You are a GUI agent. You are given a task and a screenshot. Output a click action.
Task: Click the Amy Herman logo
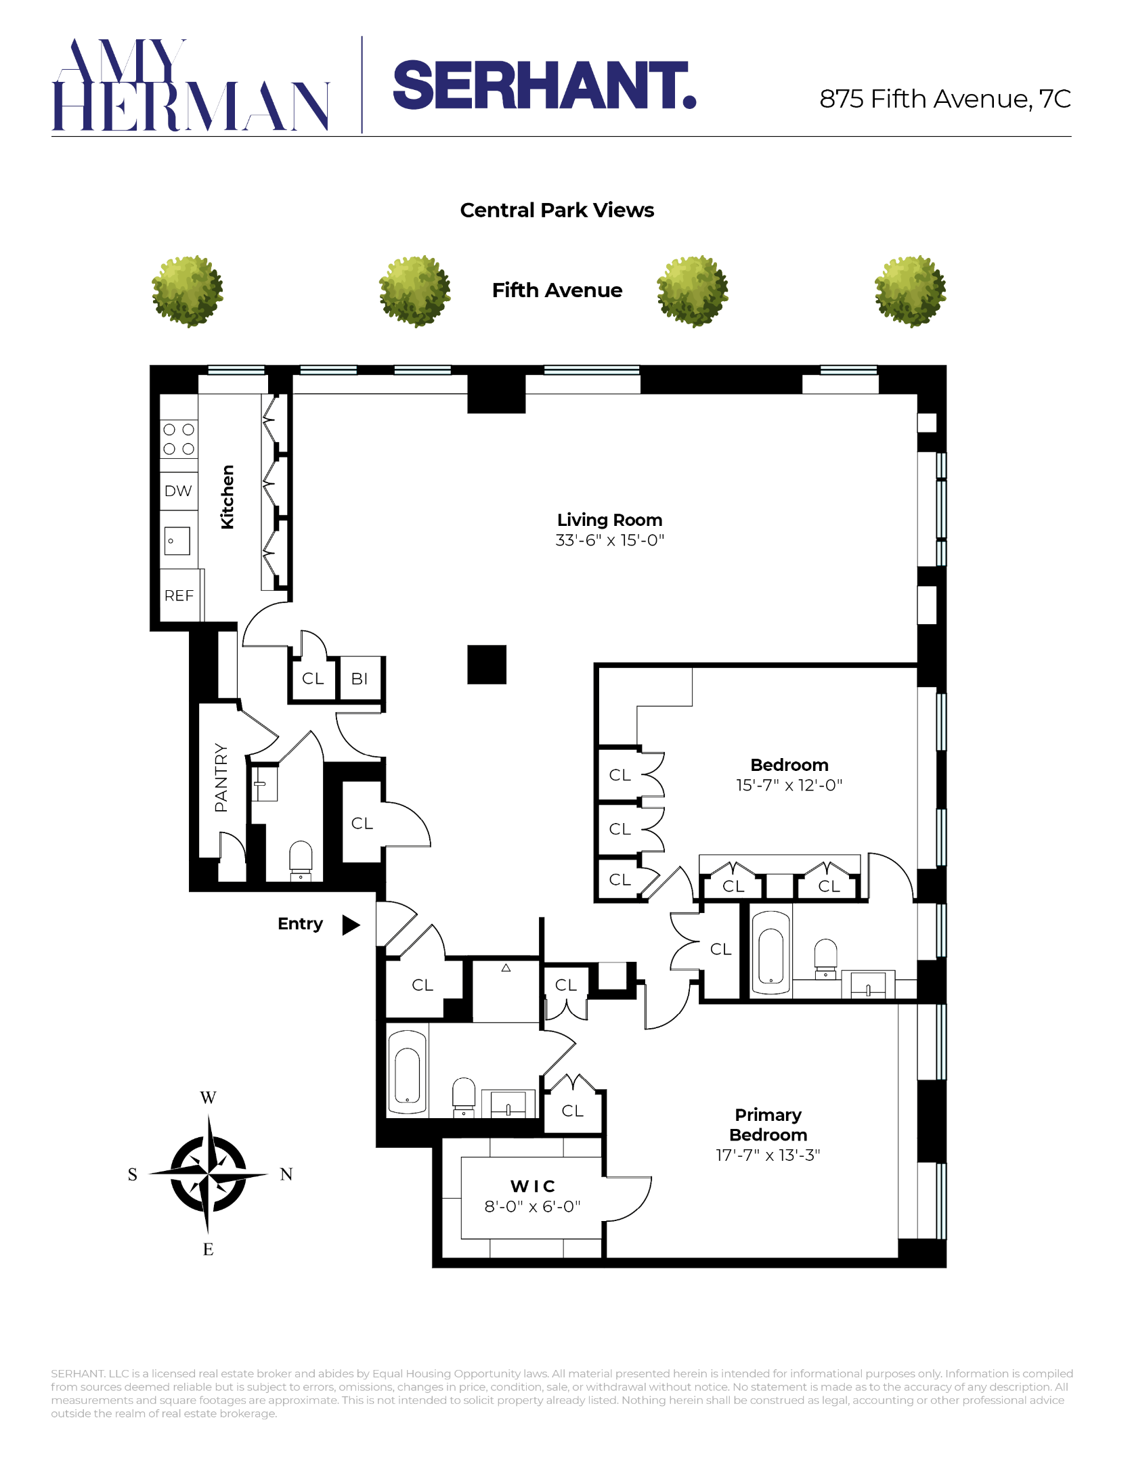tap(190, 85)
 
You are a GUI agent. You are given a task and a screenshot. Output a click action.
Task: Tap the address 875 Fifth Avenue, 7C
tap(944, 99)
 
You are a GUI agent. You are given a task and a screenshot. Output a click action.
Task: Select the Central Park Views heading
tap(557, 211)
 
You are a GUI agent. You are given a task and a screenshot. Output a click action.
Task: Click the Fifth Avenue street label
tap(557, 290)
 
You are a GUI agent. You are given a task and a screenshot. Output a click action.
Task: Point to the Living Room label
tap(609, 520)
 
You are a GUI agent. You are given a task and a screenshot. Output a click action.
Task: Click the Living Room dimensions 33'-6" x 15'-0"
tap(609, 540)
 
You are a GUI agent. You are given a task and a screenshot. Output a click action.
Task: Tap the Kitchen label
tap(227, 497)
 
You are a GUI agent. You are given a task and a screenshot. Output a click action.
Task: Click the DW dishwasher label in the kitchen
tap(178, 491)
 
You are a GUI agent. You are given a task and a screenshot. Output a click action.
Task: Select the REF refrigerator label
tap(179, 596)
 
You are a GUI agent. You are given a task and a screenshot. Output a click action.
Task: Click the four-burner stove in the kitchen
tap(179, 439)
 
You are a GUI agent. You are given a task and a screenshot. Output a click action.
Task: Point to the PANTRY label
tap(221, 777)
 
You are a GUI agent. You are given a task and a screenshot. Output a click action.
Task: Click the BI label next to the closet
tap(360, 678)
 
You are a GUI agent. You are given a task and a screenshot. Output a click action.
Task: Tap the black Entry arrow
tap(351, 925)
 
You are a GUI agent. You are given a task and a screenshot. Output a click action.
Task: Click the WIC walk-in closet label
tap(533, 1186)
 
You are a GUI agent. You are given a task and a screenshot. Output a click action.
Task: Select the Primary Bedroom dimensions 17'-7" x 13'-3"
tap(768, 1155)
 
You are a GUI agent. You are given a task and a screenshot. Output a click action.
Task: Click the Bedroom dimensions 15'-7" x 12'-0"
tap(789, 785)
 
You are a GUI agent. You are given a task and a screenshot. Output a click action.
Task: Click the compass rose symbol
tap(208, 1174)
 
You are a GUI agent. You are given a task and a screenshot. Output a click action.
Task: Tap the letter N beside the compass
tap(286, 1174)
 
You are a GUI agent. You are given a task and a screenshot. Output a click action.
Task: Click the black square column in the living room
tap(487, 665)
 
